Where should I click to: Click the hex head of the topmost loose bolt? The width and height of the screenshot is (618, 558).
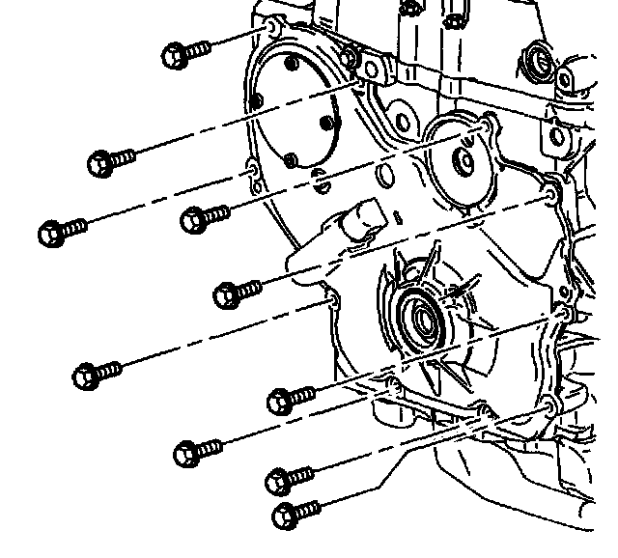(x=175, y=55)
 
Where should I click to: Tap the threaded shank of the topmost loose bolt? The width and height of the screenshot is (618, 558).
(x=197, y=49)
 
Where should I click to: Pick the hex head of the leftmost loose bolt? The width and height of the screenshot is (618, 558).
(x=49, y=233)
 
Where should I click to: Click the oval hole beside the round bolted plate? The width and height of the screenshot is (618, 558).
(x=384, y=177)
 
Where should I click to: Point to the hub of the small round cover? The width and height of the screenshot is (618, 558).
(x=464, y=159)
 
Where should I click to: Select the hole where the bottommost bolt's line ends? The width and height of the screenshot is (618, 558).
(x=548, y=405)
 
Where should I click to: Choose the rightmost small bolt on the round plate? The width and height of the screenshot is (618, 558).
(x=325, y=124)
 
